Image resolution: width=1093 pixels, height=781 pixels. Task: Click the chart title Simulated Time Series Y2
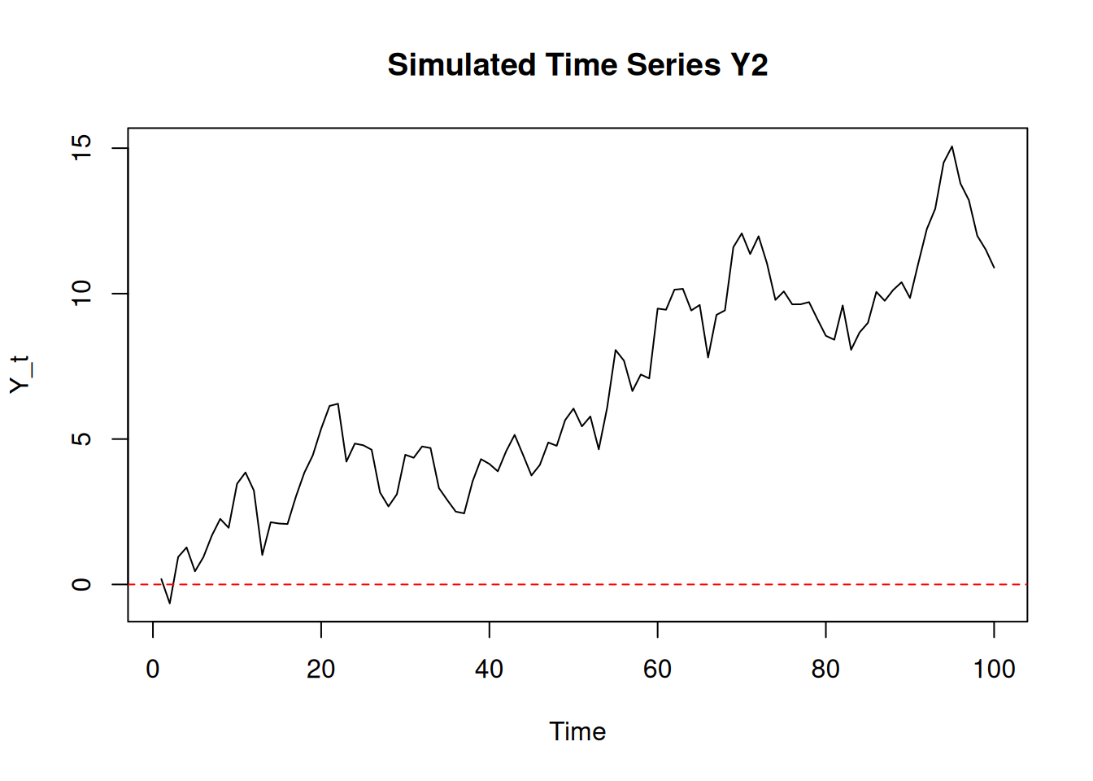577,65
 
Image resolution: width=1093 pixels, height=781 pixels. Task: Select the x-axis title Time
577,731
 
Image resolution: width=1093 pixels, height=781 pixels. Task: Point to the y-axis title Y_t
20,374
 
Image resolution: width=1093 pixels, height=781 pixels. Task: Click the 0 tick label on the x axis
153,670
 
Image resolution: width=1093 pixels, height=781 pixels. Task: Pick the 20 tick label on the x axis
321,670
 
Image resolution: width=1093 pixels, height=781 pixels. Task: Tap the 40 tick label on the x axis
490,670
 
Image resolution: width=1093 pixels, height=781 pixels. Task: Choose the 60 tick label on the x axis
657,670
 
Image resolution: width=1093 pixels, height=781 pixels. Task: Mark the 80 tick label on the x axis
825,670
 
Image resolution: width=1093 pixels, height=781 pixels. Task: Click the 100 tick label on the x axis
994,670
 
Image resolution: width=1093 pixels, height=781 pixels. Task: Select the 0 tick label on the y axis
82,584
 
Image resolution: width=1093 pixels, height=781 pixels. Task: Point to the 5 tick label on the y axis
82,439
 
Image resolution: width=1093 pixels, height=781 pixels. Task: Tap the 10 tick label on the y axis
82,294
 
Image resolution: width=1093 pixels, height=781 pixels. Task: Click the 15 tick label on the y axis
82,148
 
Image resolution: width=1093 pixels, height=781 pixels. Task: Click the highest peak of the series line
952,146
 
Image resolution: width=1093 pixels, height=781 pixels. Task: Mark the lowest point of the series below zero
170,603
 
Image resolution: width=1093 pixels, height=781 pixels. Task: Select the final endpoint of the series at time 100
994,267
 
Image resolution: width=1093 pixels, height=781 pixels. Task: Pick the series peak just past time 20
337,404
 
